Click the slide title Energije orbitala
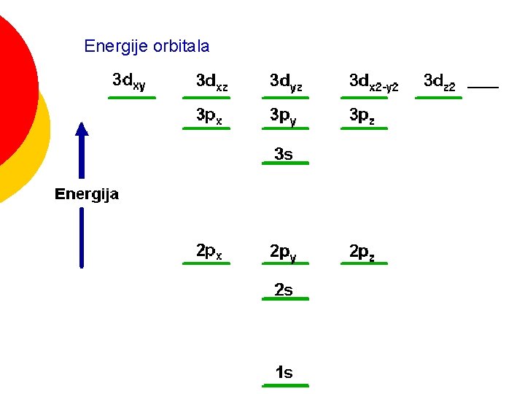click(x=147, y=47)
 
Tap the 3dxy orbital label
click(x=129, y=81)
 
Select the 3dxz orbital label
click(x=211, y=82)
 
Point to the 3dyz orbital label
click(x=286, y=82)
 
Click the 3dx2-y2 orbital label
click(x=373, y=82)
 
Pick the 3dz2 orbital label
click(x=440, y=82)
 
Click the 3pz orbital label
click(x=362, y=116)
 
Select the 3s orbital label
click(x=284, y=154)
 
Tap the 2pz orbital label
click(x=362, y=252)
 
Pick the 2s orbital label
click(x=284, y=290)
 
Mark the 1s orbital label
click(x=284, y=373)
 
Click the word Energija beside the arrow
click(x=87, y=194)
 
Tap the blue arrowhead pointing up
click(x=82, y=130)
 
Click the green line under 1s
click(x=286, y=385)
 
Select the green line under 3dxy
click(x=132, y=97)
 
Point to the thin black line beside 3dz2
click(x=483, y=88)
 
